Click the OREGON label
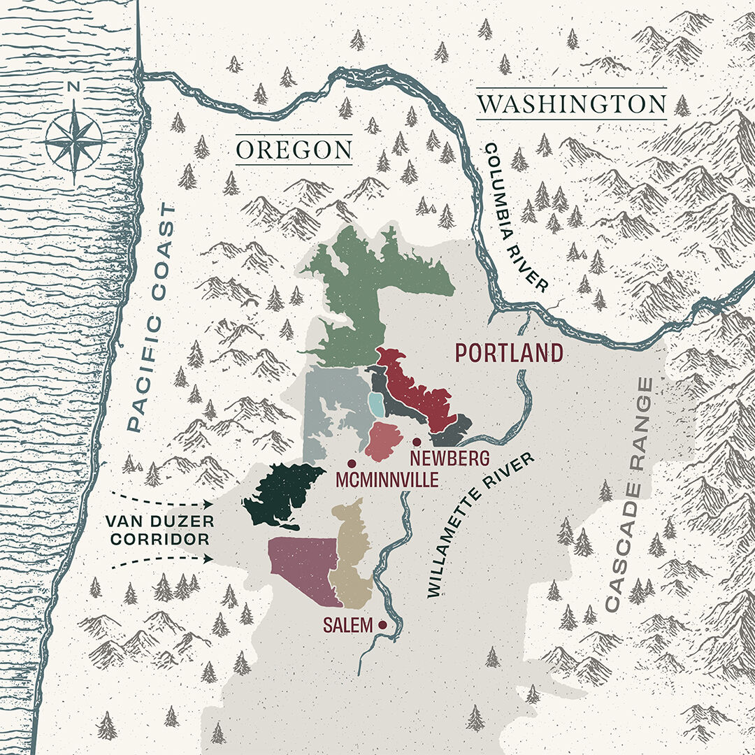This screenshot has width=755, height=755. [293, 150]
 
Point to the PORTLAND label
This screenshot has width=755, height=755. [509, 353]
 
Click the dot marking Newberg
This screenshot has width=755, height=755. [417, 442]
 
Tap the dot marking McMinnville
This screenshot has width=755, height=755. [352, 463]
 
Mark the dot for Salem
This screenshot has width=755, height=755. [382, 625]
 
